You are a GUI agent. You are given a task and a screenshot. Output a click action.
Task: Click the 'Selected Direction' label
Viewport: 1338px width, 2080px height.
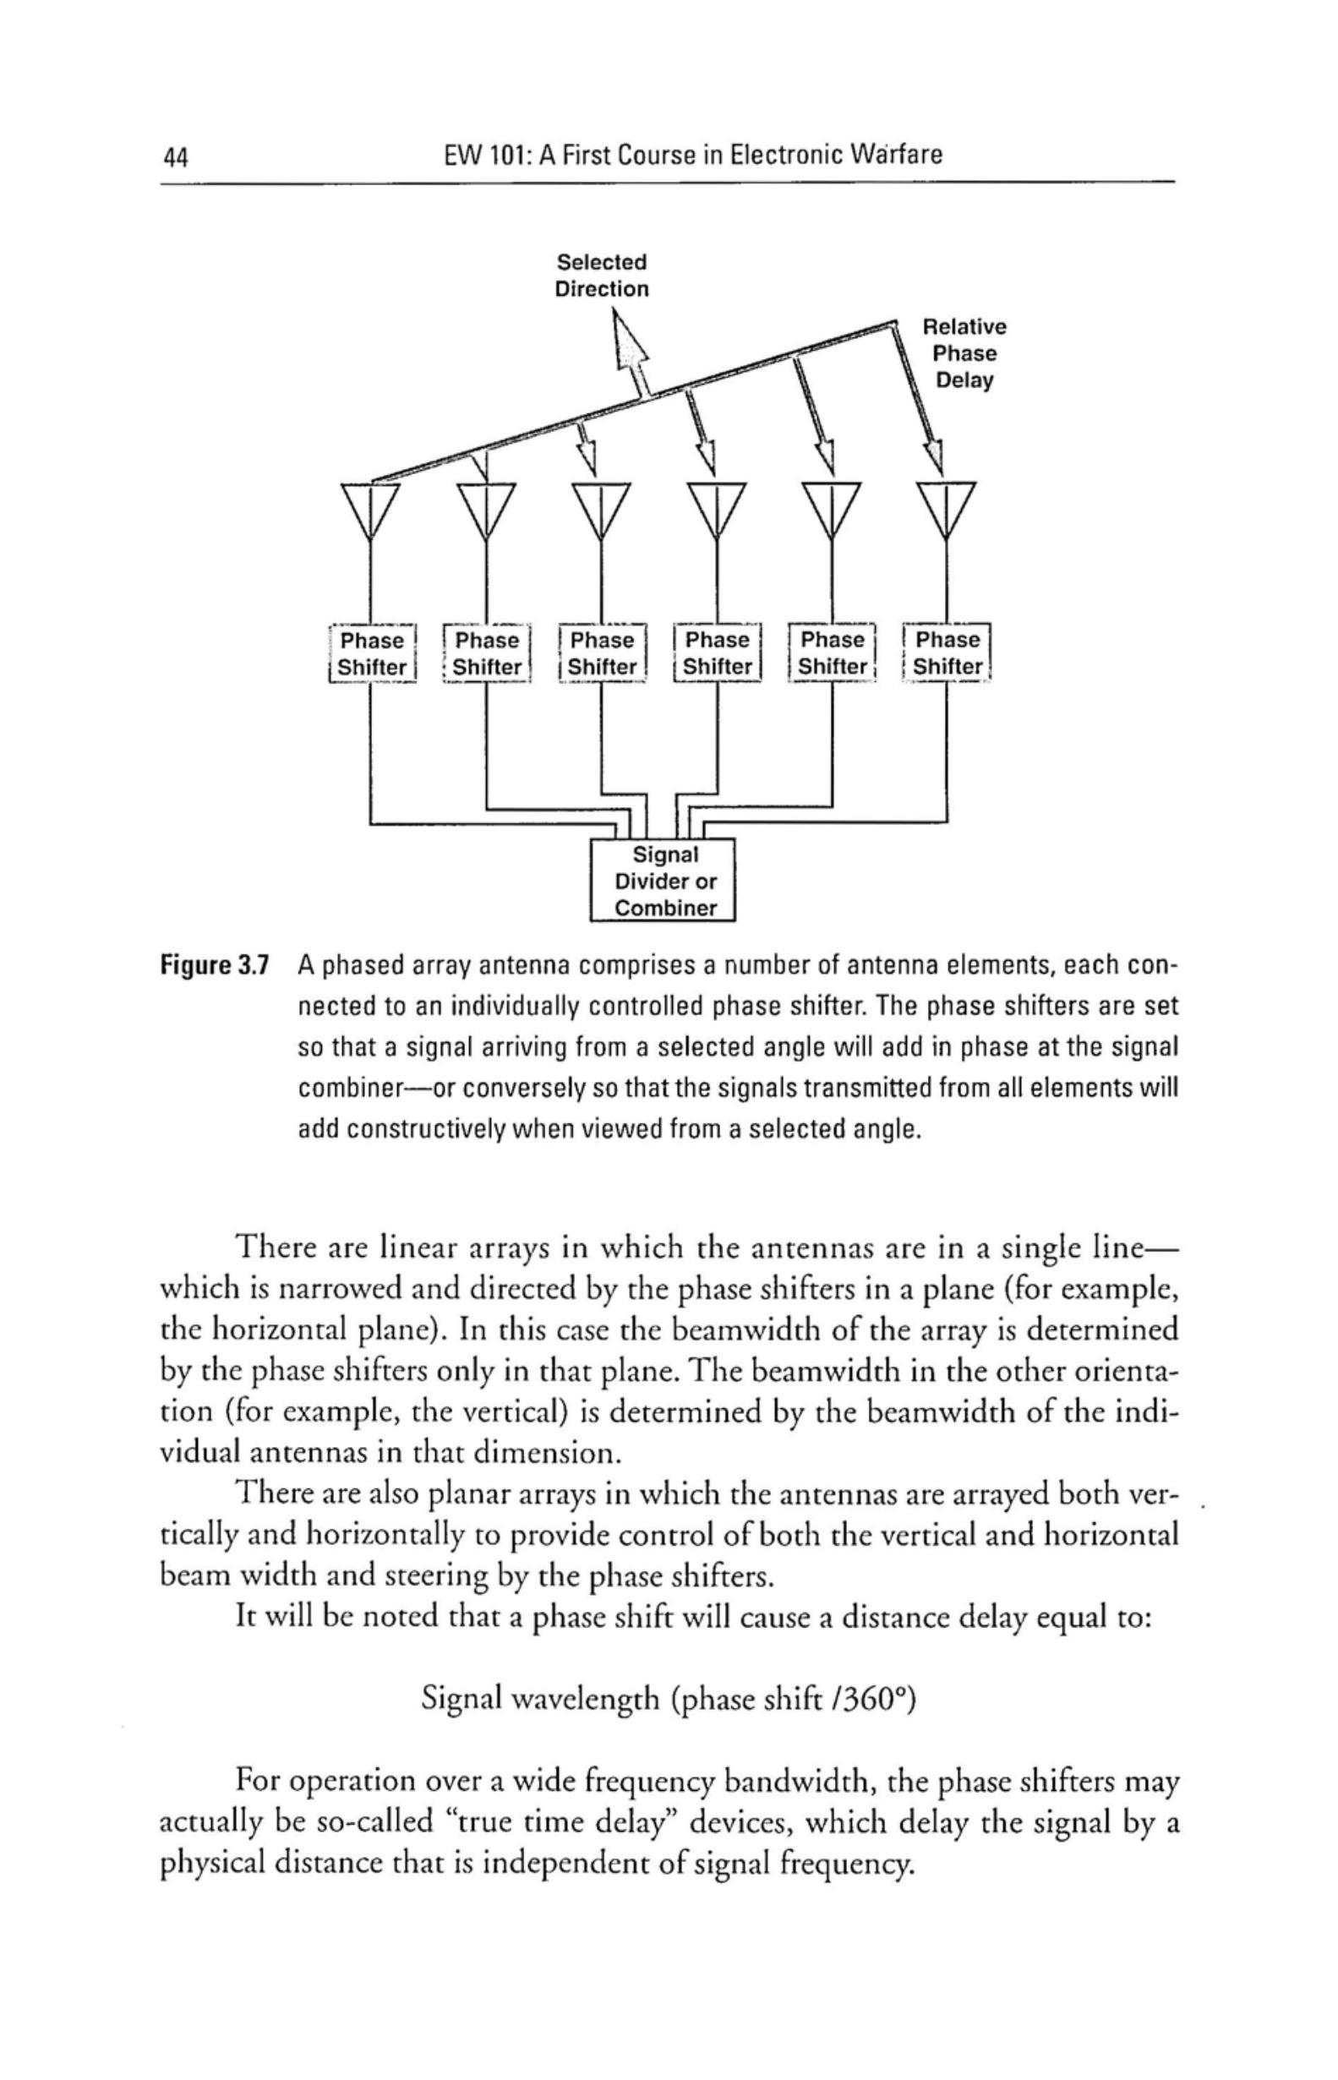click(601, 276)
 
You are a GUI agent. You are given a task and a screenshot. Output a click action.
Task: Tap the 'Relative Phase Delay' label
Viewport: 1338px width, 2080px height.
click(964, 353)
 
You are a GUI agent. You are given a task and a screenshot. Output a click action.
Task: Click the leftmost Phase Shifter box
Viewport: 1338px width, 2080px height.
click(373, 654)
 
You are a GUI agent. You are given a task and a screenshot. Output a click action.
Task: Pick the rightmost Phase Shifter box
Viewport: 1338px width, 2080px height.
click(947, 653)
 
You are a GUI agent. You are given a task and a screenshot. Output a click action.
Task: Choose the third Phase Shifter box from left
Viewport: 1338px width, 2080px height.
click(602, 653)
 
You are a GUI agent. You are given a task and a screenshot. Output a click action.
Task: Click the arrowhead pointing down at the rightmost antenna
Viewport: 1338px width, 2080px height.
click(936, 459)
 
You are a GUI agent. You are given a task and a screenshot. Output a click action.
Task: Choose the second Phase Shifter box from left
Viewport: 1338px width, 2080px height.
click(488, 653)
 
